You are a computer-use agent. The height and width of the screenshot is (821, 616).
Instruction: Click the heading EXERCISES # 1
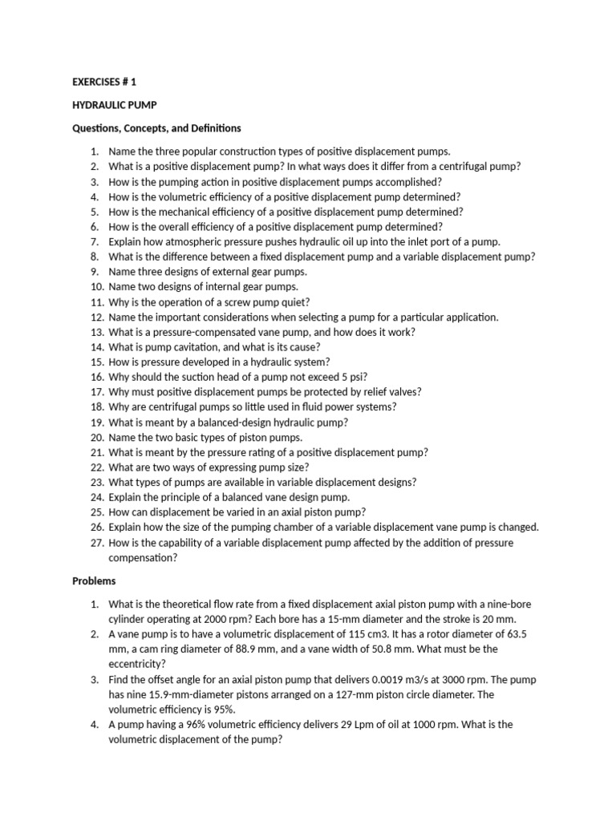click(110, 82)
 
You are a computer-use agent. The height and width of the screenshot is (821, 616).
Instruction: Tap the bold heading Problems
click(95, 580)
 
